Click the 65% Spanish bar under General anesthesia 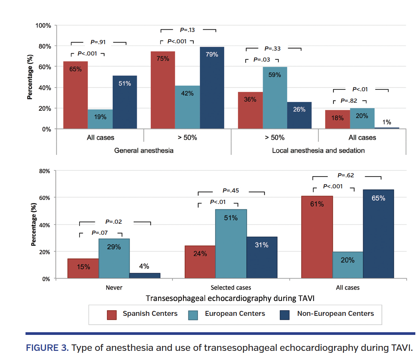(75, 95)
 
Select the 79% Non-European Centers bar (212, 88)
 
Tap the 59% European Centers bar (274, 98)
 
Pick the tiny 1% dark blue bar (387, 128)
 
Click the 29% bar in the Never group (114, 259)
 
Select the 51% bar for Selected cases (231, 244)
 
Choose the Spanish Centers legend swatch (112, 314)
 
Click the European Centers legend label (235, 314)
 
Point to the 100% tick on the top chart (43, 25)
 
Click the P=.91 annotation (98, 42)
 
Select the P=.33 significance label (273, 49)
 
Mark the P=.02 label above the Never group (113, 221)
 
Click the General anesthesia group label (144, 150)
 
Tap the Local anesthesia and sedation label (318, 150)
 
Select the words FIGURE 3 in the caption (47, 348)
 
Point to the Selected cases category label (231, 288)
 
